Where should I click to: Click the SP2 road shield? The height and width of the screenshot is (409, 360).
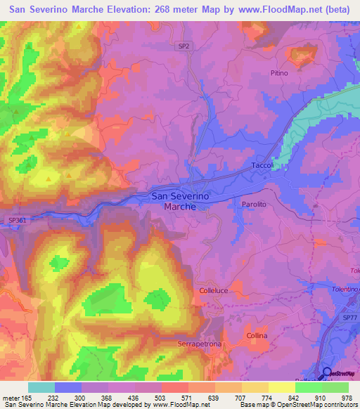coord(182,45)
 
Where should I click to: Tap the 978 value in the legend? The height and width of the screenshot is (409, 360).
coord(346,398)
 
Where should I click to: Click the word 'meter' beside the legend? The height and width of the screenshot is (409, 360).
coord(10,398)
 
